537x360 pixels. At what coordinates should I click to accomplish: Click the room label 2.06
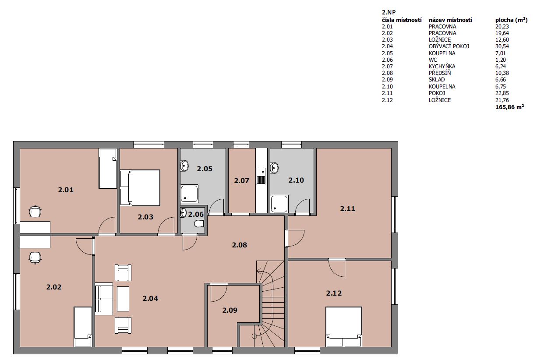(196, 214)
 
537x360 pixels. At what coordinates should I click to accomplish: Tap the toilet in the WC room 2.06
(199, 224)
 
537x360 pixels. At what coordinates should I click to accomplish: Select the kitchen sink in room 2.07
(261, 176)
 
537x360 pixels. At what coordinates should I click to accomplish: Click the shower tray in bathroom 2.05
(189, 194)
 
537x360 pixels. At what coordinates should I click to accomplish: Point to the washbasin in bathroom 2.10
(274, 168)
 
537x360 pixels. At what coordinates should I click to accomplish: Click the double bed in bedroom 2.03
(140, 188)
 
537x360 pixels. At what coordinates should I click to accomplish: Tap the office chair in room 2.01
(35, 212)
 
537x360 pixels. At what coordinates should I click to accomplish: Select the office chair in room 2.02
(35, 258)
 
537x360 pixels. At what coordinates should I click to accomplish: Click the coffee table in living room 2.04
(123, 299)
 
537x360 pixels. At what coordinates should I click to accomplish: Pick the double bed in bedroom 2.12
(343, 327)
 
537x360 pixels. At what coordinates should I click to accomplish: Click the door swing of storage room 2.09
(219, 293)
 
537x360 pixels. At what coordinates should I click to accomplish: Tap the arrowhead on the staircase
(258, 272)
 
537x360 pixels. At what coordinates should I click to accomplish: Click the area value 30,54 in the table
(502, 46)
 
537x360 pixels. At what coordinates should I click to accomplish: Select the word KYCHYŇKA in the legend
(442, 67)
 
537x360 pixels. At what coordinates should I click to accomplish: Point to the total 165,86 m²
(509, 107)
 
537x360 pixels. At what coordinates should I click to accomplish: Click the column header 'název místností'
(450, 20)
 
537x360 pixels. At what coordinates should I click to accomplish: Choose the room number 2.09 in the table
(387, 80)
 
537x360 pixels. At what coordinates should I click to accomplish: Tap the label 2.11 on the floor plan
(347, 208)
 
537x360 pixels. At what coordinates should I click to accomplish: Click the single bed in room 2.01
(108, 169)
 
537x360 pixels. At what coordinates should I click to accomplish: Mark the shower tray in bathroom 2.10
(279, 204)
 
